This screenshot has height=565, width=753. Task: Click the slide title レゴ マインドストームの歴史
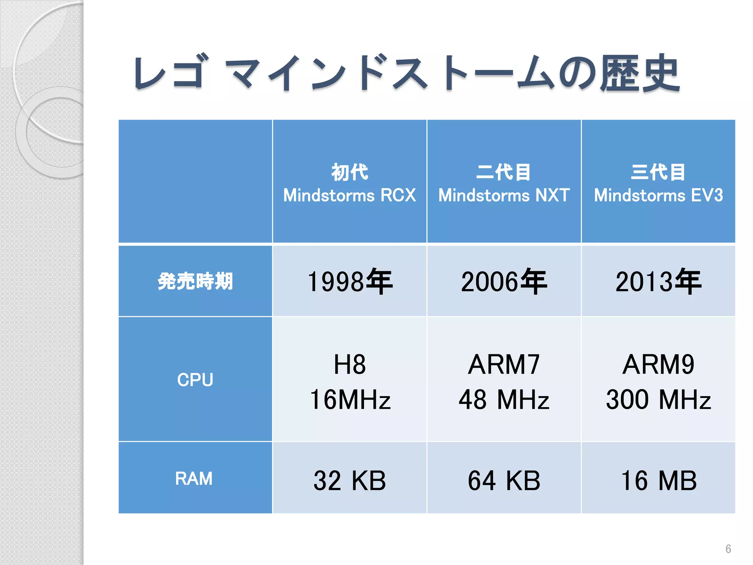coord(406,74)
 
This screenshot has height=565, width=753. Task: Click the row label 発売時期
coord(195,281)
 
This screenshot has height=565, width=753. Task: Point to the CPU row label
coord(195,380)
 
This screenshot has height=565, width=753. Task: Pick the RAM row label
coord(194,479)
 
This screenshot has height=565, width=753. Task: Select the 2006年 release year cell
coord(504,282)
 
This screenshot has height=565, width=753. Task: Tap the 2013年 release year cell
coord(659,282)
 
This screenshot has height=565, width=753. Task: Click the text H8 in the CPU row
coord(350,365)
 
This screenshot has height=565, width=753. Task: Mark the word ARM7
coord(504,365)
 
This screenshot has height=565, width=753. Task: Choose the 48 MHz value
coord(504,399)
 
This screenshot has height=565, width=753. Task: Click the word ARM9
coord(659,365)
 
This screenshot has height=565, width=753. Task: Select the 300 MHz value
coord(659,399)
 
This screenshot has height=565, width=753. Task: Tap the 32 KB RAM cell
coord(350,480)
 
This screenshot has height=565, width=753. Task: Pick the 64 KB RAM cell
coord(504,480)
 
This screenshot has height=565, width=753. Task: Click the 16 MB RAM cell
coord(659,480)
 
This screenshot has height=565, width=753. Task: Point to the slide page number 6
coord(728,549)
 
